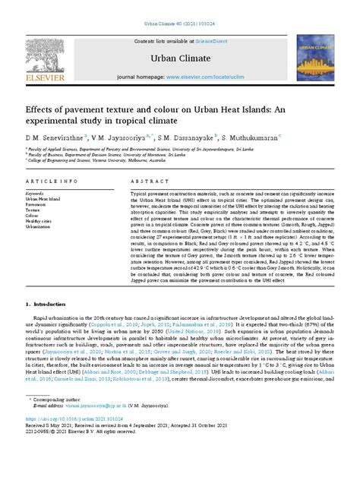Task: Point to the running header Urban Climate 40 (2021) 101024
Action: coord(180,5)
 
